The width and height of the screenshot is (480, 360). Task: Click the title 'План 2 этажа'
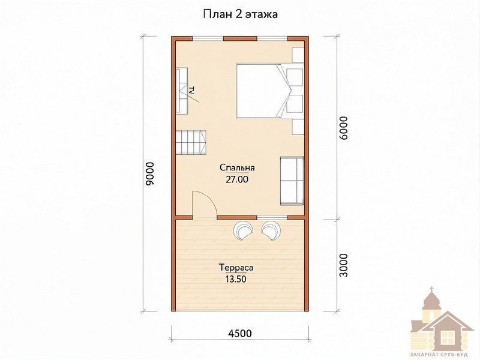click(x=241, y=14)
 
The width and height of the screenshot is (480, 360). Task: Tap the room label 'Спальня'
click(x=237, y=168)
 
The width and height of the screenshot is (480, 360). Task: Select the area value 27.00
click(x=237, y=179)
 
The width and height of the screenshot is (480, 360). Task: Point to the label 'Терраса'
click(x=236, y=268)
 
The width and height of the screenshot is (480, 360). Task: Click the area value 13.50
click(x=236, y=279)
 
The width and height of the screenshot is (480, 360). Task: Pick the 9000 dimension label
click(x=150, y=173)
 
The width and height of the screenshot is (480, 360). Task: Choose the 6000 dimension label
click(x=344, y=128)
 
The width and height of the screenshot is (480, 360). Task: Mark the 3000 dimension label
click(x=344, y=265)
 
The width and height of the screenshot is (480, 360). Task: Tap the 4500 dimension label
click(x=240, y=333)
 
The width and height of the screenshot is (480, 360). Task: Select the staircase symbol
click(x=191, y=142)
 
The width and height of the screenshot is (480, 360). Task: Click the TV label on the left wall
click(x=193, y=91)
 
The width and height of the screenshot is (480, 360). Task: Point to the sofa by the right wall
click(x=292, y=181)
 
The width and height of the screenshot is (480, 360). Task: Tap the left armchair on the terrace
click(x=243, y=230)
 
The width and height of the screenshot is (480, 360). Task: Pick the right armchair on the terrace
click(x=271, y=230)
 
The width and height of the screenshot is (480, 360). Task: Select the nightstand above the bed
click(x=298, y=55)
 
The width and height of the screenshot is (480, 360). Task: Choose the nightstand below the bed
click(x=298, y=127)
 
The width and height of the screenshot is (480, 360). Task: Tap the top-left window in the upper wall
click(x=208, y=38)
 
